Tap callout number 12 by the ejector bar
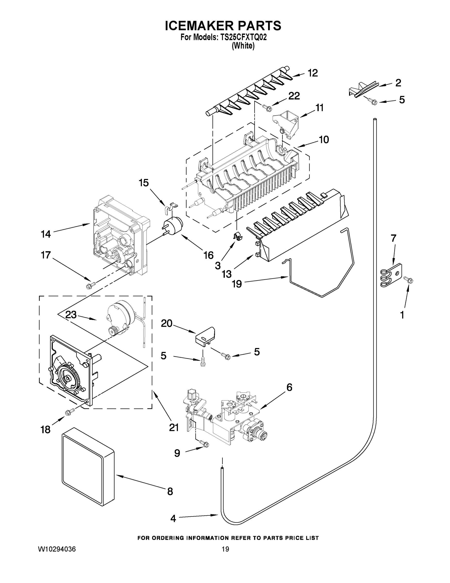[313, 73]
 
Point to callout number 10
[324, 140]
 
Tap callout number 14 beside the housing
[46, 234]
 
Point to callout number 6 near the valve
[289, 387]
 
